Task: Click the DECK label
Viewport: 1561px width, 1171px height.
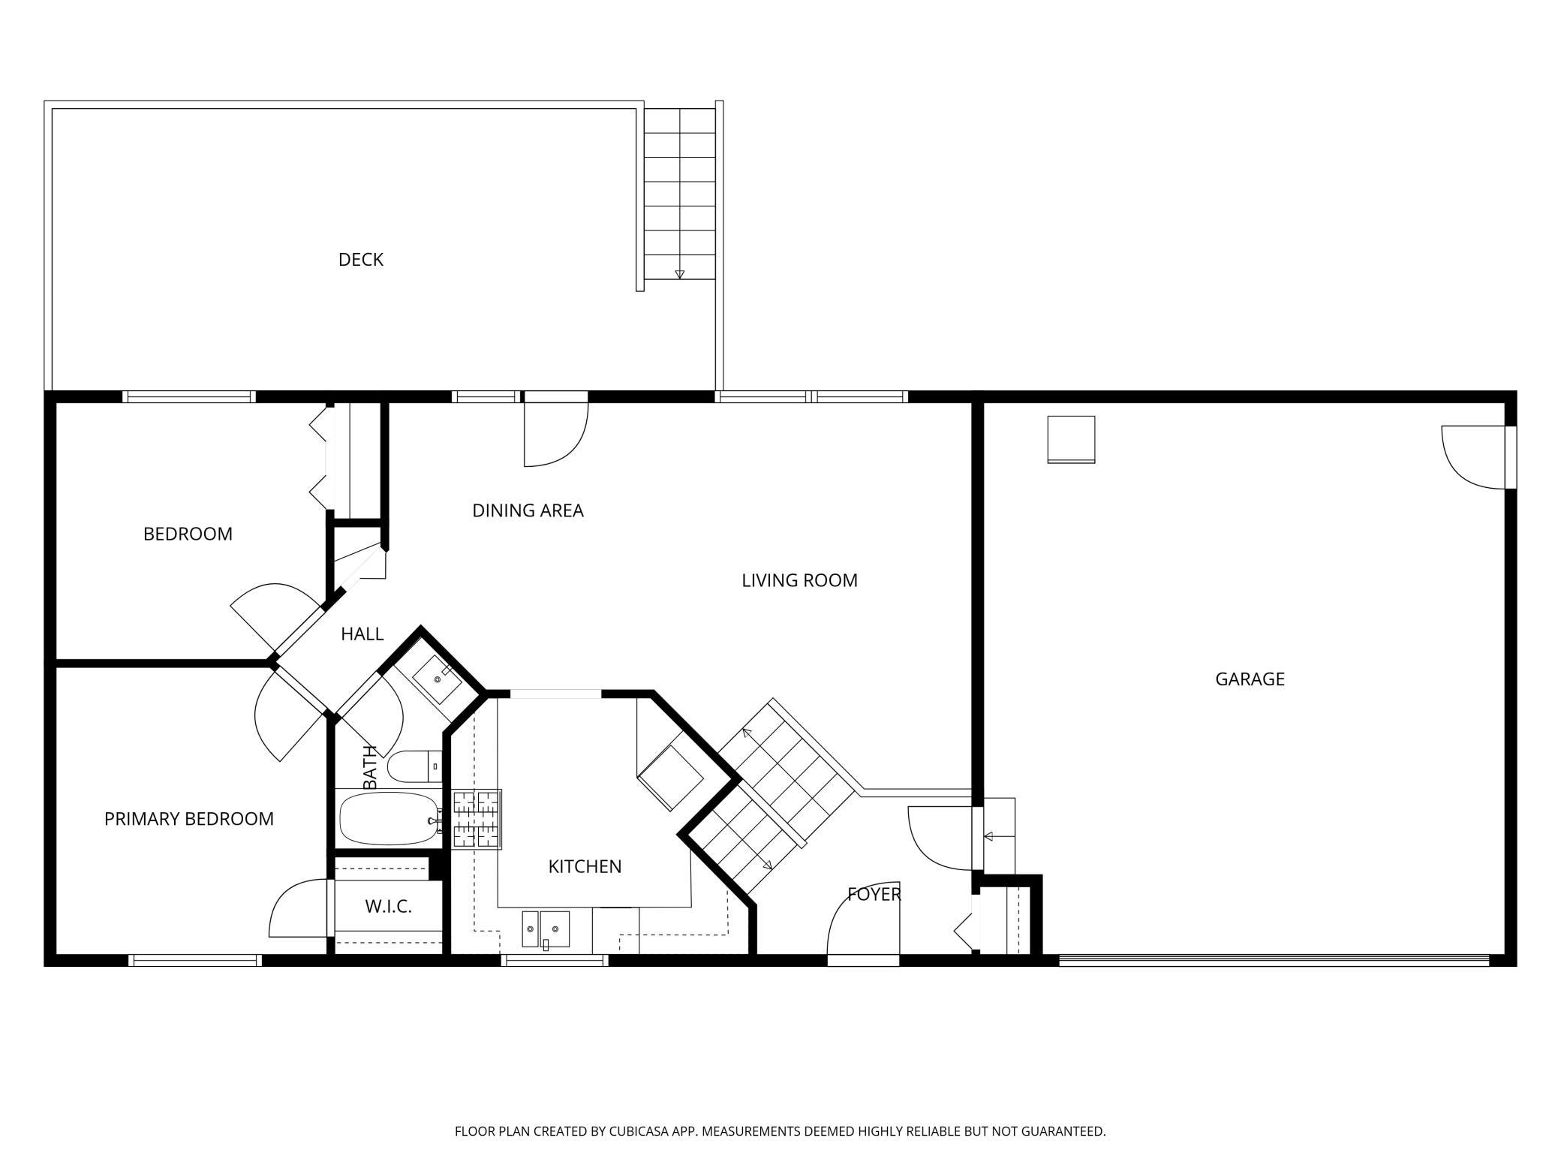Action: click(x=361, y=260)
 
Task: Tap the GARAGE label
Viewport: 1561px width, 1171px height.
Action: click(x=1250, y=679)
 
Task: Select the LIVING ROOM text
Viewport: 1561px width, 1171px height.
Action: click(x=799, y=580)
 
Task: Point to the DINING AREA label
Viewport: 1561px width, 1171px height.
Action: click(x=528, y=510)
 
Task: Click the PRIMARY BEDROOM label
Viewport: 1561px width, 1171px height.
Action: click(x=189, y=819)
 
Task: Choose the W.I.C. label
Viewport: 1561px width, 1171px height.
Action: click(x=389, y=907)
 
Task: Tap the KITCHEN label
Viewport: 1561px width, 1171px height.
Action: click(x=585, y=867)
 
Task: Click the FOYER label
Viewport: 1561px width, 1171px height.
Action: click(x=874, y=894)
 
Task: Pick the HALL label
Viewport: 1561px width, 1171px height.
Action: click(x=362, y=634)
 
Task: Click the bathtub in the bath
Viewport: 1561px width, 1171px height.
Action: click(x=389, y=819)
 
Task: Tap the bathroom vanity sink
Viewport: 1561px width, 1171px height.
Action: click(x=438, y=679)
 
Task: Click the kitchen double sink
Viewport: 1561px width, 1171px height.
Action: click(x=546, y=930)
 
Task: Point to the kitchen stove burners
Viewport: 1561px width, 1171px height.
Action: click(x=477, y=820)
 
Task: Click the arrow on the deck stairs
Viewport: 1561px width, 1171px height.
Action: click(x=679, y=274)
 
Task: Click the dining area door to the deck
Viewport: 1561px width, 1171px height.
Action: click(x=555, y=434)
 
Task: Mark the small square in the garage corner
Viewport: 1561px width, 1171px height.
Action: click(x=1071, y=440)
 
